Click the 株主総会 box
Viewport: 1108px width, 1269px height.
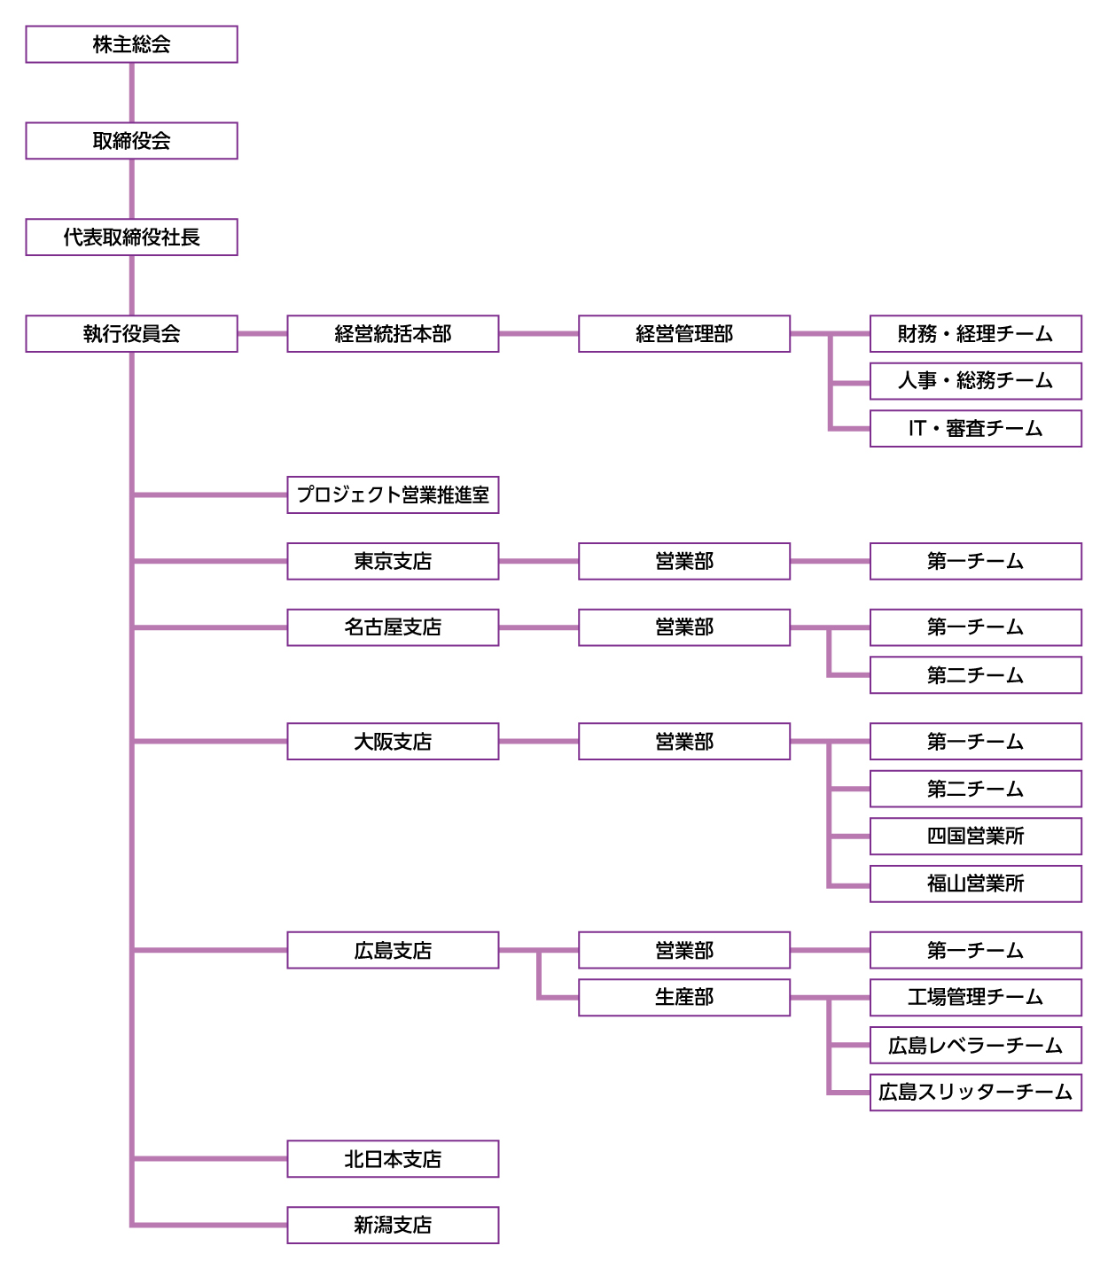(131, 44)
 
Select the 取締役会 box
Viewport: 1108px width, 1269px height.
(131, 141)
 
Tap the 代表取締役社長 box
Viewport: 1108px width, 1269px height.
(131, 237)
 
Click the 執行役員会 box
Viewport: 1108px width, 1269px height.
(131, 334)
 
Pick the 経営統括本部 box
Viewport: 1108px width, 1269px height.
(393, 334)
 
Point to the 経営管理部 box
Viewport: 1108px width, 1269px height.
(684, 334)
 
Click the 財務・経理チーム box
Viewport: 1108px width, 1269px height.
(975, 334)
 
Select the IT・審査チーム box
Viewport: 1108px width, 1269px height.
(975, 429)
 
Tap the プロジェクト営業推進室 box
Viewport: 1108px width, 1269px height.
(393, 495)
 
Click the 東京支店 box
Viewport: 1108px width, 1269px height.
(393, 562)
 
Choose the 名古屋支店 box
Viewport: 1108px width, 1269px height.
(393, 627)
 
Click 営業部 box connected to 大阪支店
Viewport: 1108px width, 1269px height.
(684, 742)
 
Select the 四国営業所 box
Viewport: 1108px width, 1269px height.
(975, 837)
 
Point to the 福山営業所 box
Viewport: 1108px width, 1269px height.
(975, 884)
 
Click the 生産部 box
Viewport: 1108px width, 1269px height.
(684, 998)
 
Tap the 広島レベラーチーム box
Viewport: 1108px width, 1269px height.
(975, 1046)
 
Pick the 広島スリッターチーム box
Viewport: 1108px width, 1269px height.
(975, 1093)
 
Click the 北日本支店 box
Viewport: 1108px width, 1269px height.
(393, 1159)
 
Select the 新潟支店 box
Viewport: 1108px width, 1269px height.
(393, 1226)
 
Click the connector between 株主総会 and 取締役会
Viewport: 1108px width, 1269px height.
(131, 93)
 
